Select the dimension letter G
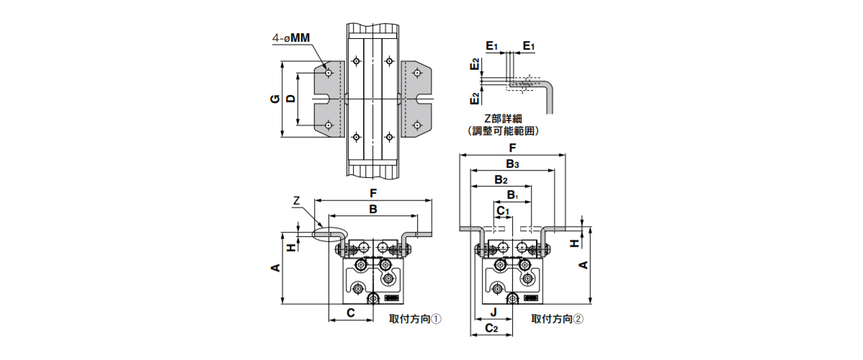coord(275,99)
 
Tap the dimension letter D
coord(291,99)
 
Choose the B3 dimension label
coord(512,164)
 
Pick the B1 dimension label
coord(512,195)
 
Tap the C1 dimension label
coord(504,210)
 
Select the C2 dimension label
coord(491,328)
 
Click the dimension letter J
coord(493,312)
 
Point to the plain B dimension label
coord(373,209)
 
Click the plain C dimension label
coord(350,312)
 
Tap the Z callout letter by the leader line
coord(296,200)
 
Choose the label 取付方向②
coord(557,318)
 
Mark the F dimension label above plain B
coord(373,192)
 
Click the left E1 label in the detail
coord(492,46)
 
